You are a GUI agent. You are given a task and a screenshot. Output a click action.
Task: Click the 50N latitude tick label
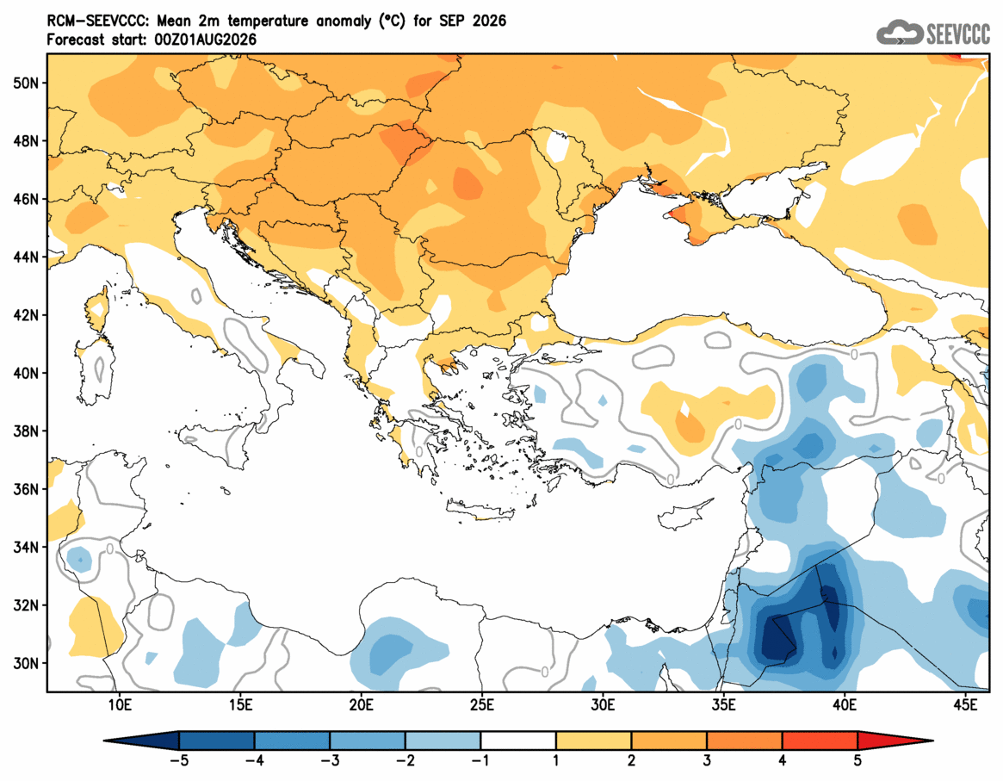click(x=25, y=84)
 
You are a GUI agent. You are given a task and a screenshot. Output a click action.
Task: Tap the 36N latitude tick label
click(x=25, y=489)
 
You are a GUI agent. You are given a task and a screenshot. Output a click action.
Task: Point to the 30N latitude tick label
click(x=25, y=663)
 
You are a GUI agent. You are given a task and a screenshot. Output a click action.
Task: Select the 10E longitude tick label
click(x=120, y=705)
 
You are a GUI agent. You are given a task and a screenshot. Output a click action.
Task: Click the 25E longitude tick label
click(x=481, y=705)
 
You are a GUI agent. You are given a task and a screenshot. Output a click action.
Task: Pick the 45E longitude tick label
click(x=965, y=705)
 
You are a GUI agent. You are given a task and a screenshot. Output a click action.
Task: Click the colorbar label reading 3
click(x=707, y=761)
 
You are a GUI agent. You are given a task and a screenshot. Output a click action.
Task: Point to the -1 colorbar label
click(x=480, y=761)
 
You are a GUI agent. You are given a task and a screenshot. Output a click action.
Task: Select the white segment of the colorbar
click(x=518, y=741)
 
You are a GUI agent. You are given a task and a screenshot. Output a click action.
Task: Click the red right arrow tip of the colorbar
click(x=895, y=741)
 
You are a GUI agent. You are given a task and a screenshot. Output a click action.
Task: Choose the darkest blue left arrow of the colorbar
click(x=140, y=741)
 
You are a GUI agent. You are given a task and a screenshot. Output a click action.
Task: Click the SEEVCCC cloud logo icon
click(x=899, y=32)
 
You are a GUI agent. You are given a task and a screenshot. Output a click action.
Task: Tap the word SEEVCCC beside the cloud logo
click(x=957, y=34)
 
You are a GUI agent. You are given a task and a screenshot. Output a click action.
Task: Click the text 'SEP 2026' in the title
click(x=473, y=22)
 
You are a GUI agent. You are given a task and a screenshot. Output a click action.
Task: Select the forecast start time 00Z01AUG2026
click(x=205, y=40)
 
